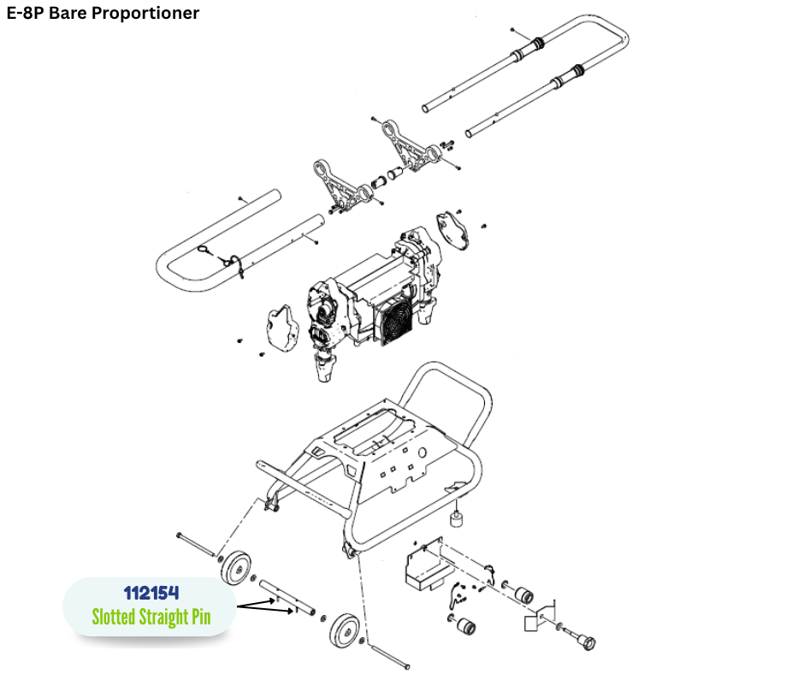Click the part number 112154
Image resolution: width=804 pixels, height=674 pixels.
[151, 593]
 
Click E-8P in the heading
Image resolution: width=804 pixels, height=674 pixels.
[25, 13]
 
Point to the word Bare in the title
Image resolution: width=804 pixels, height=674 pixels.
[69, 13]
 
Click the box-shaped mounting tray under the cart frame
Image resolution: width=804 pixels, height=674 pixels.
[425, 567]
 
